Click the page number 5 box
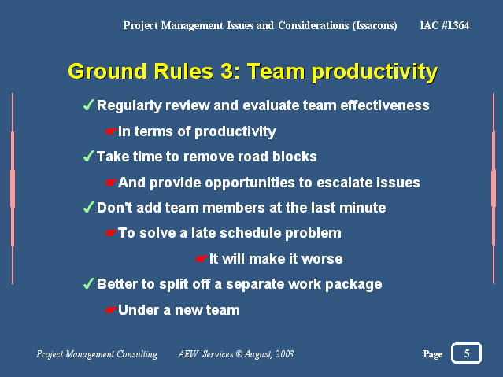pyautogui.click(x=466, y=353)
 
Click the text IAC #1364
pyautogui.click(x=444, y=25)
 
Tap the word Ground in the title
pyautogui.click(x=108, y=72)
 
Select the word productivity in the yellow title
pyautogui.click(x=375, y=72)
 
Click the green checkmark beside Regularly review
pyautogui.click(x=88, y=105)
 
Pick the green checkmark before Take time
pyautogui.click(x=88, y=156)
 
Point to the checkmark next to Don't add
pyautogui.click(x=88, y=207)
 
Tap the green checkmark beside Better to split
pyautogui.click(x=88, y=283)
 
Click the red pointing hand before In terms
pyautogui.click(x=111, y=131)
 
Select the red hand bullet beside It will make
pyautogui.click(x=202, y=259)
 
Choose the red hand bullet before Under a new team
pyautogui.click(x=111, y=310)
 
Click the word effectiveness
pyautogui.click(x=385, y=105)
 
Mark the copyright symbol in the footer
pyautogui.click(x=239, y=353)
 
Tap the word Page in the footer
pyautogui.click(x=433, y=354)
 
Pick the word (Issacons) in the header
pyautogui.click(x=375, y=26)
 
